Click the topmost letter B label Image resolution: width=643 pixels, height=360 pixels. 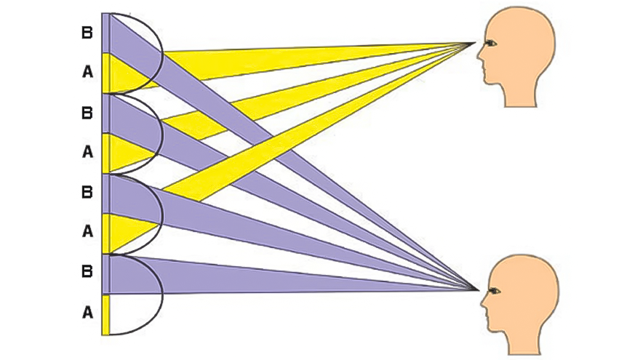pos(87,33)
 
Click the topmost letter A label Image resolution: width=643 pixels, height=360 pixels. pos(87,73)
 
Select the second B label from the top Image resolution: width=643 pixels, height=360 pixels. pos(87,113)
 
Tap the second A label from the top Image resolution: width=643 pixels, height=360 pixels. pos(87,153)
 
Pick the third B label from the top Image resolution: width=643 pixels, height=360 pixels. pos(87,193)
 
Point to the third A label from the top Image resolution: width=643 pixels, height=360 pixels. pos(87,232)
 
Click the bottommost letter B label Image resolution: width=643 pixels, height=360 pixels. pos(87,272)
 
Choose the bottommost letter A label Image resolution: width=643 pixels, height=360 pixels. pos(87,313)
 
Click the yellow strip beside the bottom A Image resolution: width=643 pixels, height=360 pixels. pos(105,314)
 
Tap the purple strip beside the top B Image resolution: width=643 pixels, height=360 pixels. pos(105,33)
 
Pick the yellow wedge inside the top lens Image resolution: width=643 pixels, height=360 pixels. pos(124,73)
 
